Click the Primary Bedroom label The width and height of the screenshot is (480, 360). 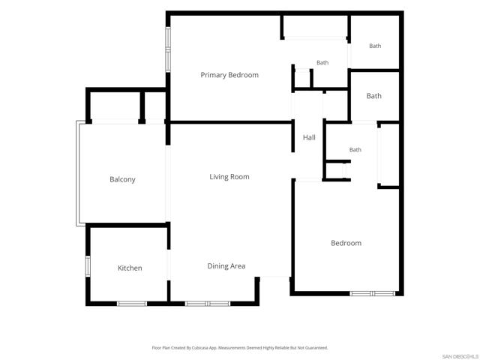[x=229, y=75]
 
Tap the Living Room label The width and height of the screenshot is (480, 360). [x=229, y=177]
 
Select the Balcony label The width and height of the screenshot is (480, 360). [x=122, y=180]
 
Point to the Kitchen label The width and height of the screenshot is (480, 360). [x=130, y=268]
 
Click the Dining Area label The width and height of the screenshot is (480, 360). [x=226, y=266]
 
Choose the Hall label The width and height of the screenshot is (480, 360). [x=309, y=138]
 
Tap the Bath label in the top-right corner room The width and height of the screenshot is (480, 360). [x=375, y=46]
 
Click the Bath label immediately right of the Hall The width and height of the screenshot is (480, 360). [x=355, y=150]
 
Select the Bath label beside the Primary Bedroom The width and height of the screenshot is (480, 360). [x=322, y=63]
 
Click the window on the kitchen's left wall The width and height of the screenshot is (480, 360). [x=88, y=266]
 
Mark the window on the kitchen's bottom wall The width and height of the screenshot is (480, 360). [x=132, y=304]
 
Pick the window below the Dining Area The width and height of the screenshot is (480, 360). [x=208, y=304]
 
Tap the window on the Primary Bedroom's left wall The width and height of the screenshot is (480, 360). [x=168, y=49]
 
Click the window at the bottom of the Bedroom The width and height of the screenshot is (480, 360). [x=373, y=294]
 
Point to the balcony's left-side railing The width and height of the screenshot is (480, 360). [x=78, y=173]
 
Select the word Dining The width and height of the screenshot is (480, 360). [x=217, y=266]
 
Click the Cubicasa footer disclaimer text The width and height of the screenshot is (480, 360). [x=240, y=348]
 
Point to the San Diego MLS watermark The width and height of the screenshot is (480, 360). [x=460, y=357]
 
